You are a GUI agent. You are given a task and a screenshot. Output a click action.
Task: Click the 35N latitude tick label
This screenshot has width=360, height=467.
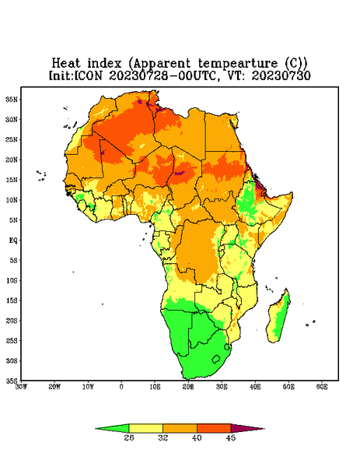pyautogui.click(x=12, y=100)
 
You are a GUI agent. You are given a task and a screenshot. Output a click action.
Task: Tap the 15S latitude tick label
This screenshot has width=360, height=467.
pyautogui.click(x=12, y=300)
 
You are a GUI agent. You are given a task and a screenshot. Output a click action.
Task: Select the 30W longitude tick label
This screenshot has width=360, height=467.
pyautogui.click(x=21, y=387)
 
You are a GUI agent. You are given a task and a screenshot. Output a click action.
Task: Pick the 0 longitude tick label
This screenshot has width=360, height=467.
pyautogui.click(x=121, y=387)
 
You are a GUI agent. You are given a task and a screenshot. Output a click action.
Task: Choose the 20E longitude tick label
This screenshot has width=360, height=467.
pyautogui.click(x=188, y=387)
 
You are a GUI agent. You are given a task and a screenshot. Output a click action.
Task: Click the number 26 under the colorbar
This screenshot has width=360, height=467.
pyautogui.click(x=129, y=437)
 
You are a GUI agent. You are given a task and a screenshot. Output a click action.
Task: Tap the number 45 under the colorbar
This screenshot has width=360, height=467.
pyautogui.click(x=231, y=437)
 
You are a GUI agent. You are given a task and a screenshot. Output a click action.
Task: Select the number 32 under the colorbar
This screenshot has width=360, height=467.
pyautogui.click(x=163, y=437)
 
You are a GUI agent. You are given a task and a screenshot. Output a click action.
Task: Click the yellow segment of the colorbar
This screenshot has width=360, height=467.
pyautogui.click(x=145, y=428)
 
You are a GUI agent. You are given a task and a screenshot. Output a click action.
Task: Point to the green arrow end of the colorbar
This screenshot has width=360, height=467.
pyautogui.click(x=112, y=428)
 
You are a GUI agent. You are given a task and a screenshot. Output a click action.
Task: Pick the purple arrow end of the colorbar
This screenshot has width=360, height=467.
pyautogui.click(x=247, y=428)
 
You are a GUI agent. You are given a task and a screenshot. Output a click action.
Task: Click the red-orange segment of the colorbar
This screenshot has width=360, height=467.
pyautogui.click(x=214, y=428)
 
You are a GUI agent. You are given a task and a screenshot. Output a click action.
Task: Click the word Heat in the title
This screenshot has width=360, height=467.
pyautogui.click(x=66, y=63)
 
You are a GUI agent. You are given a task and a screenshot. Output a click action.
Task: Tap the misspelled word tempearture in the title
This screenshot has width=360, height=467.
pyautogui.click(x=237, y=64)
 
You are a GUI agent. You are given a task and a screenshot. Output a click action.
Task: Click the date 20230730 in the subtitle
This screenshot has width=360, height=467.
pyautogui.click(x=281, y=75)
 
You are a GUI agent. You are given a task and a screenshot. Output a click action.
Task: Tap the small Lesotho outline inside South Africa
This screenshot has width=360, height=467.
pyautogui.click(x=216, y=359)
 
